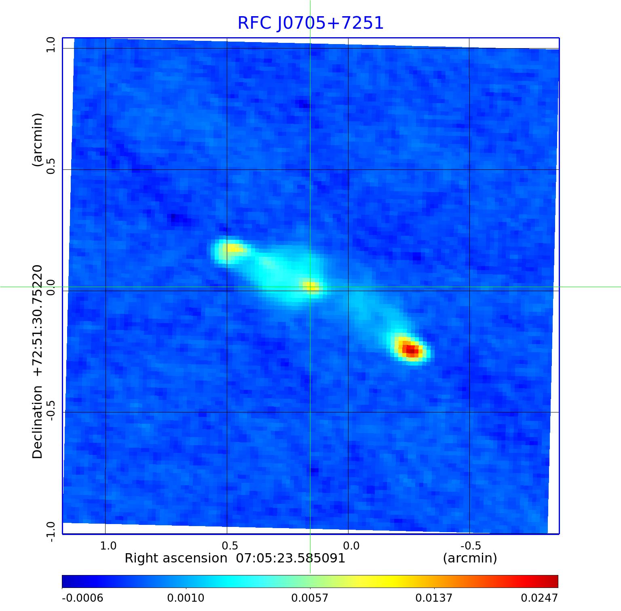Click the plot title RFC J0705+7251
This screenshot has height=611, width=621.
click(310, 23)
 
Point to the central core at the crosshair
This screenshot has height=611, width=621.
click(310, 287)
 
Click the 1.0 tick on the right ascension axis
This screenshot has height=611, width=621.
click(108, 545)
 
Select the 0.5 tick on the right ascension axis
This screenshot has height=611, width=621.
click(229, 545)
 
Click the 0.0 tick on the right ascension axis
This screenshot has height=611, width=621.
click(351, 545)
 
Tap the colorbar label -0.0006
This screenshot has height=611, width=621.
click(82, 598)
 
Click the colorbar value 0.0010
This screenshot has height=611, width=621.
click(186, 598)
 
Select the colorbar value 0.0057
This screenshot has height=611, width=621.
click(310, 598)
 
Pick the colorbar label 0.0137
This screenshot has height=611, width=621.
click(434, 598)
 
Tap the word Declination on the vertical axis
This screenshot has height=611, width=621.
click(38, 422)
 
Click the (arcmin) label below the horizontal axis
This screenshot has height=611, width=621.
click(470, 558)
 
